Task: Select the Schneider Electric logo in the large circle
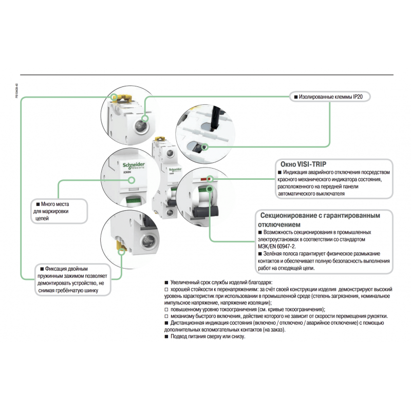pos(134,164)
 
